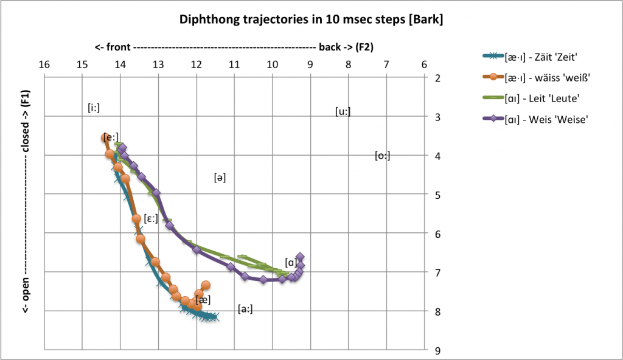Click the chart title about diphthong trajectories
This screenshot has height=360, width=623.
tap(311, 20)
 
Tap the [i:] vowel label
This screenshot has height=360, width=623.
tap(93, 108)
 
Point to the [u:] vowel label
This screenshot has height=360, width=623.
tap(343, 111)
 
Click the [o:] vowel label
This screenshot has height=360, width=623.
tap(382, 156)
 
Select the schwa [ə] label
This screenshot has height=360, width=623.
tap(220, 178)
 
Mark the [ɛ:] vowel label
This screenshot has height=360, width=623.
tap(151, 219)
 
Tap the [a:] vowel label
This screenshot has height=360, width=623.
tap(245, 309)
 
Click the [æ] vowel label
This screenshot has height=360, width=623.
tap(204, 299)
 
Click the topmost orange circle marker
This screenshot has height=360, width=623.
tap(105, 138)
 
